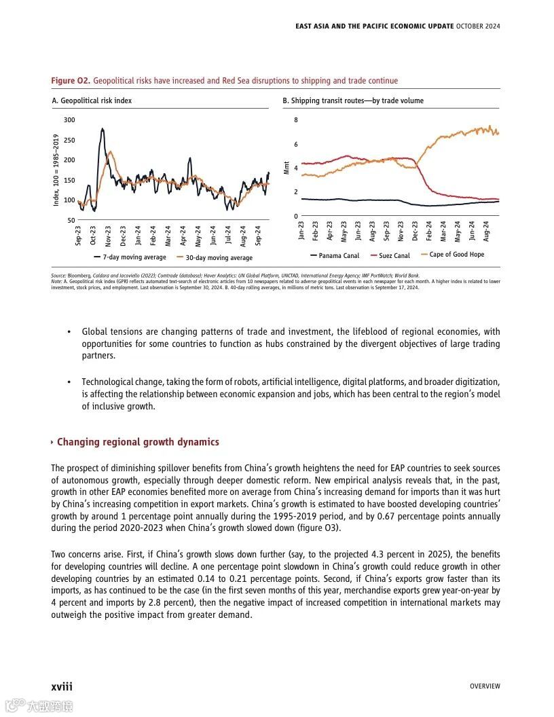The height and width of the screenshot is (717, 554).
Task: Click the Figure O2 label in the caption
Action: point(71,81)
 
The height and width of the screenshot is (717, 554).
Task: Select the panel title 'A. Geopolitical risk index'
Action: point(92,100)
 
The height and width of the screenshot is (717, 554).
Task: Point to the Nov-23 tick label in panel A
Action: point(109,235)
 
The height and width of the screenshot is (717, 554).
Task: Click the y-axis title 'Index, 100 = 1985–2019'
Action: point(56,170)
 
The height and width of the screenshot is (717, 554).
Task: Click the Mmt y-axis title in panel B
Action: point(287,166)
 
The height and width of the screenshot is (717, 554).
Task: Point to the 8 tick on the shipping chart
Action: point(295,120)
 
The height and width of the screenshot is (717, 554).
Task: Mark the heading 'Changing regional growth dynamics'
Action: point(138,442)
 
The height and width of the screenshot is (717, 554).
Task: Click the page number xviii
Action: point(62,686)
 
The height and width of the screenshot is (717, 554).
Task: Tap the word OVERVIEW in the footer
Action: point(485,686)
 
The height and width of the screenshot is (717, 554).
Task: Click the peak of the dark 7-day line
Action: point(102,128)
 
